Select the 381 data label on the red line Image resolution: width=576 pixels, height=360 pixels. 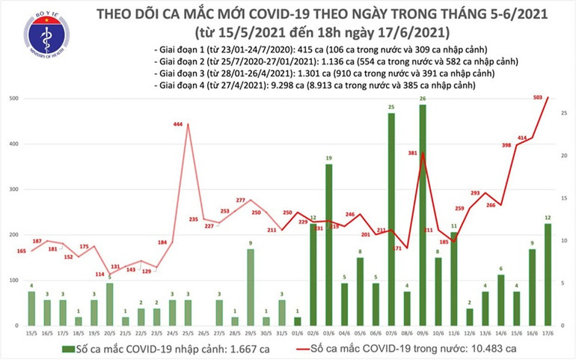[x=412, y=153]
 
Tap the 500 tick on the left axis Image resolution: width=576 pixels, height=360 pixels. [x=14, y=99]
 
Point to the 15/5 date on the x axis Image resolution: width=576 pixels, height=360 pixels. [x=31, y=334]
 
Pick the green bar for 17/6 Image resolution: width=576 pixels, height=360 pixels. [x=548, y=274]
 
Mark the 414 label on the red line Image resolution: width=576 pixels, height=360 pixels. [x=521, y=138]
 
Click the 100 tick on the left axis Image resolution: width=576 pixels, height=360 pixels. [x=14, y=280]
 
